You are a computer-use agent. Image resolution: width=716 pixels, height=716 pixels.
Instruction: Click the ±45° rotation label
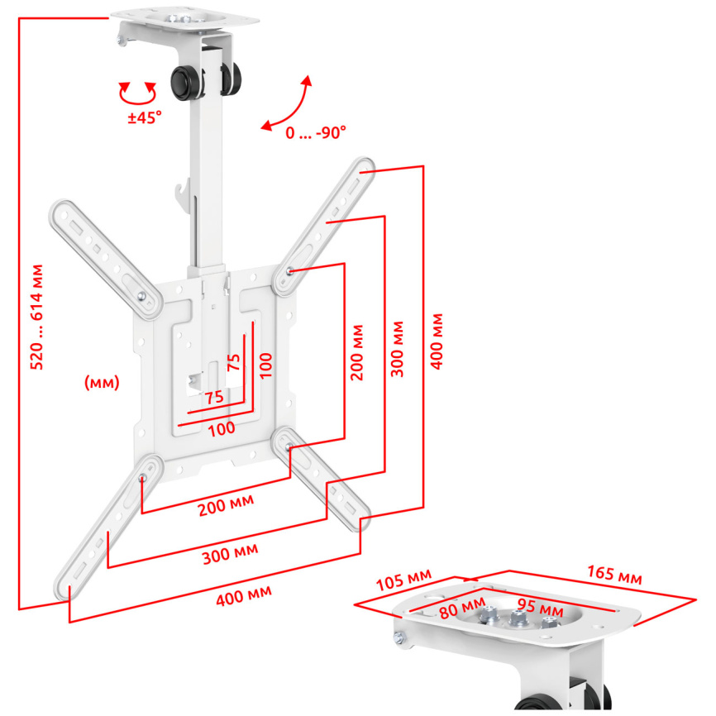tap(145, 117)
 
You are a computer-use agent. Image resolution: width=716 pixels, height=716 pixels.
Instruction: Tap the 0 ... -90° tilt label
tap(316, 133)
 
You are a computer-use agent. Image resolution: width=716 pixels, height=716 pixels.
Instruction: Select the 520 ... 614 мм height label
tap(36, 317)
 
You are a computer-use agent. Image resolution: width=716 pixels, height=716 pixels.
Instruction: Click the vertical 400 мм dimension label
tap(437, 341)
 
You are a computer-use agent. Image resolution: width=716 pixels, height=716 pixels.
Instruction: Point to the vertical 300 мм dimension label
tap(397, 350)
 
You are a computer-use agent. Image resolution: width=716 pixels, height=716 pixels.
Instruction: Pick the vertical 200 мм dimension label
tap(357, 352)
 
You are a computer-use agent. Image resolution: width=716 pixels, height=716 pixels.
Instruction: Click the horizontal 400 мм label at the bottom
tap(244, 596)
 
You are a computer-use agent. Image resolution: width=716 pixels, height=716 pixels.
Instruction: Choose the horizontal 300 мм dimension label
tap(230, 554)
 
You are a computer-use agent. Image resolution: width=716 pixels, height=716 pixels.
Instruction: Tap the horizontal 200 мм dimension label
tap(226, 505)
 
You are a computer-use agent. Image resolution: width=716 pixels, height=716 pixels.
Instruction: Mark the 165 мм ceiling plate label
tap(614, 575)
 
